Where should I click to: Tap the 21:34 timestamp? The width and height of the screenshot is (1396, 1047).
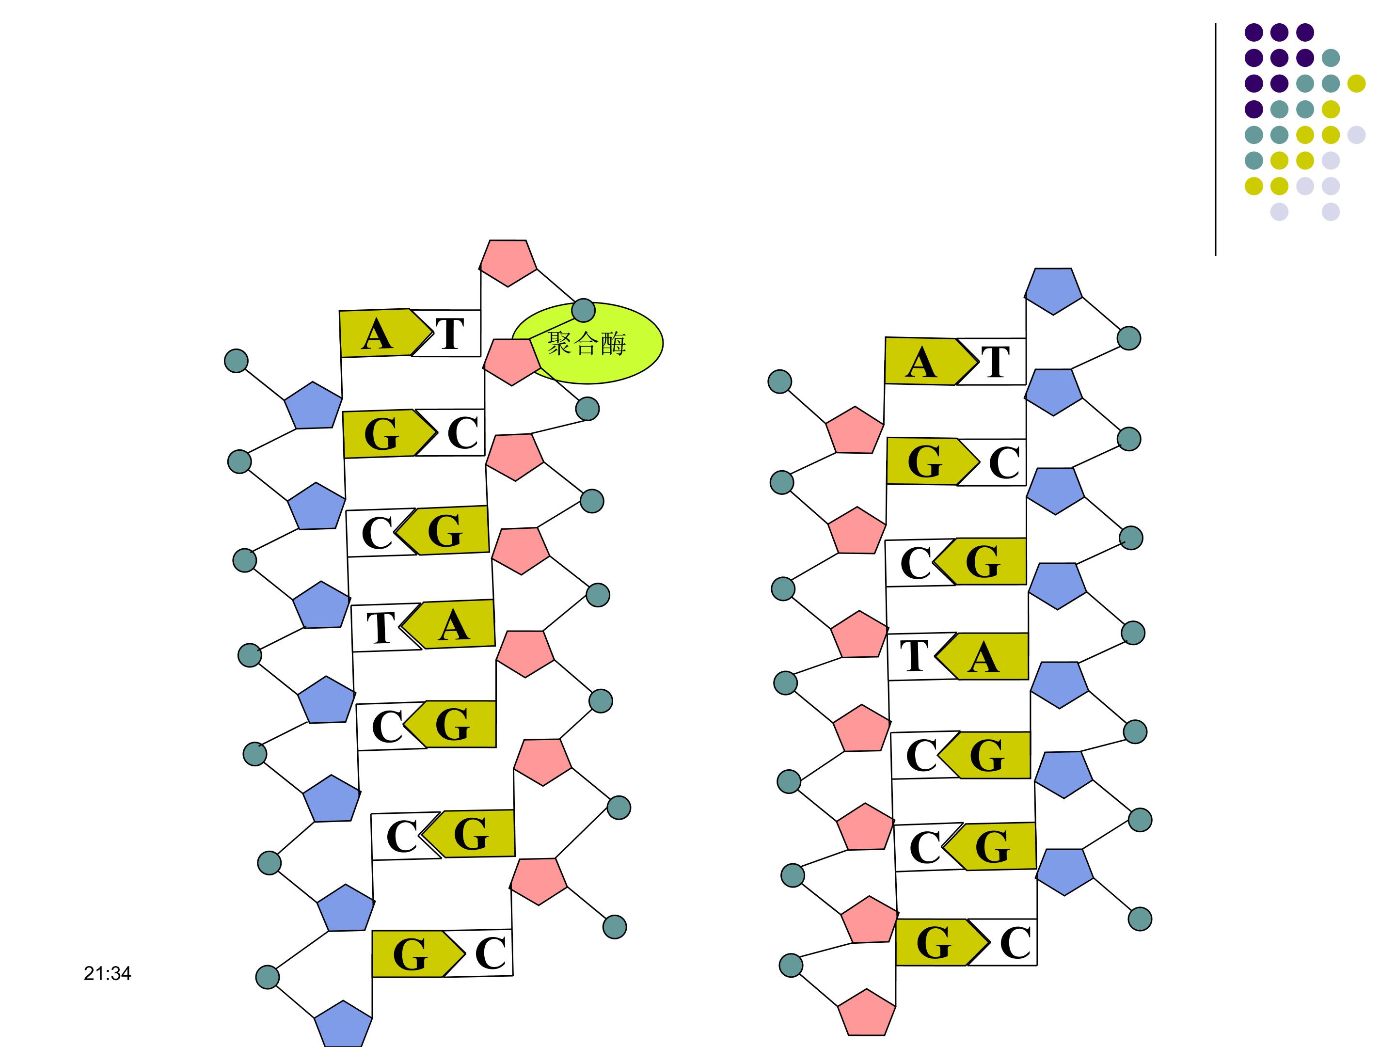coord(107,973)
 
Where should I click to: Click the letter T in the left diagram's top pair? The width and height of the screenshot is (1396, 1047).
coord(450,334)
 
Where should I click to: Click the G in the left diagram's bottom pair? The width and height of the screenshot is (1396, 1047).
coord(410,954)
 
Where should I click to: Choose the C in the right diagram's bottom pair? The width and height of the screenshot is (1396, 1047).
coord(1015,943)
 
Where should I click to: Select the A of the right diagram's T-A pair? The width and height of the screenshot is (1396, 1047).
coord(983,658)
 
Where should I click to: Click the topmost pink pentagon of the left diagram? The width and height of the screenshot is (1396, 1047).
coord(508,261)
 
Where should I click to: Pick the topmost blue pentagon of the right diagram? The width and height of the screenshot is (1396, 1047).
coord(1053,290)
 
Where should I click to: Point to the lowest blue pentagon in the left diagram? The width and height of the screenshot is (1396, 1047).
coord(343,1024)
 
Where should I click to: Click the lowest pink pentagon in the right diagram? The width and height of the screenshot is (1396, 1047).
coord(867,1013)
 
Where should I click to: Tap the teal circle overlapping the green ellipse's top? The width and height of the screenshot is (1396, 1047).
coord(583,311)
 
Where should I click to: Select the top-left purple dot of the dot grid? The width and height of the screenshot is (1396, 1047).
coord(1253,32)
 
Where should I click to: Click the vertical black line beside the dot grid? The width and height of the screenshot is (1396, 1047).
coord(1216,139)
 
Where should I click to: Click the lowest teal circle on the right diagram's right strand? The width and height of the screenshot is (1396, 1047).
coord(1140,919)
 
